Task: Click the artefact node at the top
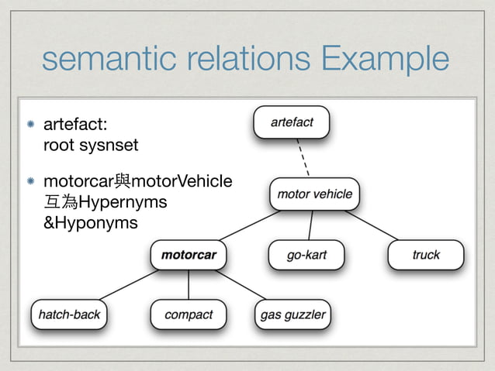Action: coord(292,122)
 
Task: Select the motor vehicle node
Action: coord(314,194)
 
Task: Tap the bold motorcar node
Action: coord(189,254)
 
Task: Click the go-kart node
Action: coord(306,255)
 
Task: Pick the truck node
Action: coord(425,255)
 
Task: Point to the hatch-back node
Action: coord(70,314)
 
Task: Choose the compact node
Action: coord(189,314)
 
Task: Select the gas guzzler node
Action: coord(293,314)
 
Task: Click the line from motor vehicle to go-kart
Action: coord(310,225)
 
